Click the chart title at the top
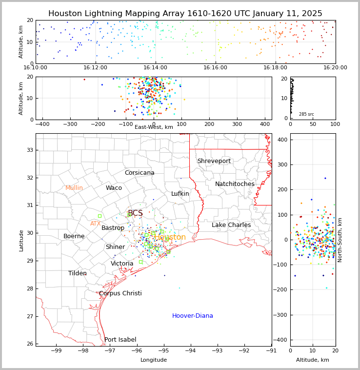pyautogui.click(x=185, y=14)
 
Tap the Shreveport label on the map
pyautogui.click(x=214, y=161)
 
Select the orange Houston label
pyautogui.click(x=170, y=237)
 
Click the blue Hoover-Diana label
pyautogui.click(x=192, y=316)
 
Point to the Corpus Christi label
pyautogui.click(x=120, y=293)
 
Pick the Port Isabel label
pyautogui.click(x=120, y=340)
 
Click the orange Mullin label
pyautogui.click(x=74, y=188)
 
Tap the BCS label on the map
pyautogui.click(x=135, y=213)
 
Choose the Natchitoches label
pyautogui.click(x=235, y=184)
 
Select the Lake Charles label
pyautogui.click(x=231, y=225)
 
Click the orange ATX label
pyautogui.click(x=95, y=224)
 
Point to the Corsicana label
pyautogui.click(x=140, y=173)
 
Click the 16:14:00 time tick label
pyautogui.click(x=155, y=68)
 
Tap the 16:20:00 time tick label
pyautogui.click(x=335, y=68)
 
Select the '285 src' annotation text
pyautogui.click(x=306, y=114)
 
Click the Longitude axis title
pyautogui.click(x=154, y=360)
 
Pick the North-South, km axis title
pyautogui.click(x=340, y=240)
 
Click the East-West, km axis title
pyautogui.click(x=154, y=127)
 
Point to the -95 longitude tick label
pyautogui.click(x=164, y=350)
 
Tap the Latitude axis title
pyautogui.click(x=21, y=240)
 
